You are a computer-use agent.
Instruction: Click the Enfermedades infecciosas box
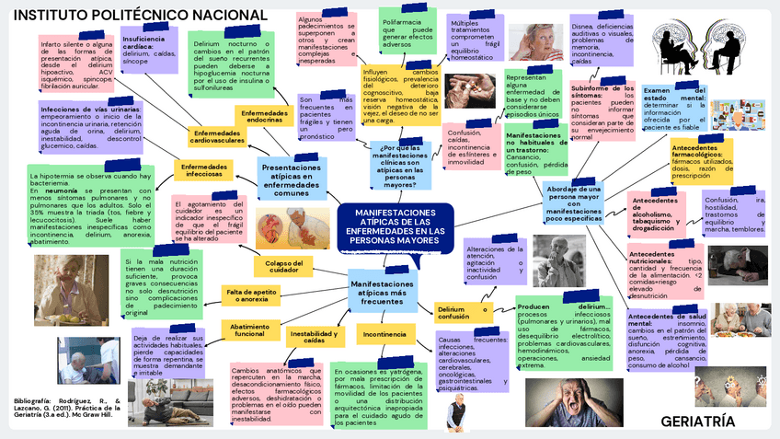pyautogui.click(x=204, y=170)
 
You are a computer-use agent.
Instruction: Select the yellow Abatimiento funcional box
pyautogui.click(x=249, y=329)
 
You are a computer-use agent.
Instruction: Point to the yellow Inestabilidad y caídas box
pyautogui.click(x=314, y=336)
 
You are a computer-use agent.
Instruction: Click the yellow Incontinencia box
pyautogui.click(x=384, y=333)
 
